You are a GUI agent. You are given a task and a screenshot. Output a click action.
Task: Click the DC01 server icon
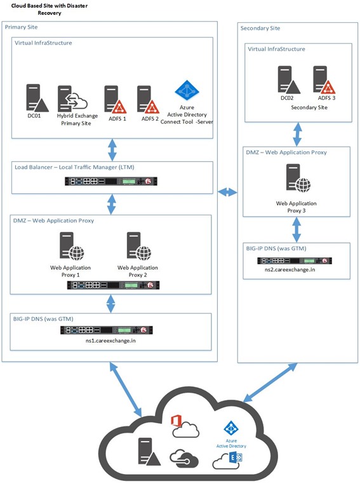37,98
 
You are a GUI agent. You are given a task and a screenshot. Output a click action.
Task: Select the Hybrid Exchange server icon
72,98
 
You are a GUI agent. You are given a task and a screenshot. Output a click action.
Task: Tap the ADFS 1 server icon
116,100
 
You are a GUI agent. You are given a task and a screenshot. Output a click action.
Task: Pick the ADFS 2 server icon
149,100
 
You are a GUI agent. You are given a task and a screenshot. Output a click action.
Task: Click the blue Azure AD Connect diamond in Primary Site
187,90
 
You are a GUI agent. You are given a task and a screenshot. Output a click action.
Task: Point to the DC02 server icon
289,79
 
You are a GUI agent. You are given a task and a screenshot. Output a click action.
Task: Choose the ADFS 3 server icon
324,79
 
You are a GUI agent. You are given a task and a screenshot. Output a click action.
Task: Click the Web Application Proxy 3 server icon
298,179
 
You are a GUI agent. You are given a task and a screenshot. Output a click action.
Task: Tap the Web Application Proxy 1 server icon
72,246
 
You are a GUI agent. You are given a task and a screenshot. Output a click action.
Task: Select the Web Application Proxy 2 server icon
139,246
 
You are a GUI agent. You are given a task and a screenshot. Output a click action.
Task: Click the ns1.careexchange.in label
110,341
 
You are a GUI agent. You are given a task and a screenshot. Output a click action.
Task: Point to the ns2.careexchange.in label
290,269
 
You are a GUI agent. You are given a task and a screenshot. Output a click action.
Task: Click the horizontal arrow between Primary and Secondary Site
227,193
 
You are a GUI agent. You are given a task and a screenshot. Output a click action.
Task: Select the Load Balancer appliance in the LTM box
111,181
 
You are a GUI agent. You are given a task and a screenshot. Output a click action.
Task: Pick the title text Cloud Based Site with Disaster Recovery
50,9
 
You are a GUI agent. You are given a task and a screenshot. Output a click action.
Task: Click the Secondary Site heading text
260,29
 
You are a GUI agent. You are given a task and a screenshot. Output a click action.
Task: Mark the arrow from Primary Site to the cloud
126,390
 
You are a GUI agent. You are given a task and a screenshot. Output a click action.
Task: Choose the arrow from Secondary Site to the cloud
270,383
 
